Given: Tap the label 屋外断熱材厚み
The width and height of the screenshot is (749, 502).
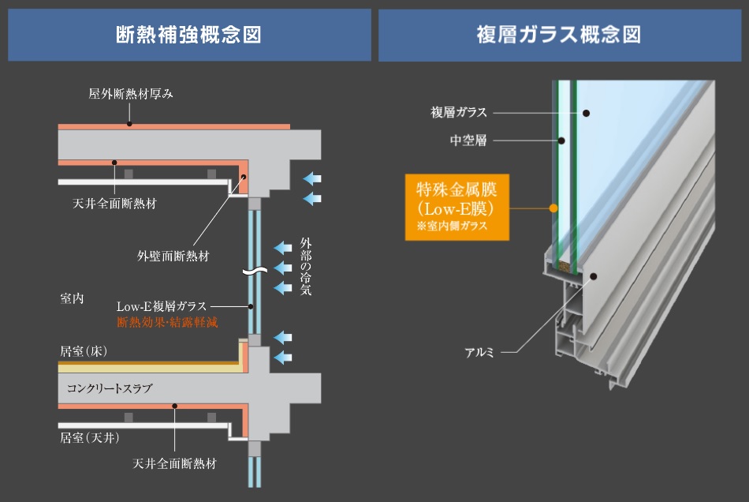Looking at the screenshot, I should [130, 93].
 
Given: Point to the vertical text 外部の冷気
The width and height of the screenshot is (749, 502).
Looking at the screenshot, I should [306, 266].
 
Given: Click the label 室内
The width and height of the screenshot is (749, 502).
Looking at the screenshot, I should [72, 299].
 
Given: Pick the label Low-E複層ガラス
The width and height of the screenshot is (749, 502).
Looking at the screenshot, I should [162, 306].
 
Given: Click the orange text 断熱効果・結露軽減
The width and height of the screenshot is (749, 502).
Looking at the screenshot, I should [167, 322].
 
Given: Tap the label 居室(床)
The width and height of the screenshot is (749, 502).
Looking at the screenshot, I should [84, 350].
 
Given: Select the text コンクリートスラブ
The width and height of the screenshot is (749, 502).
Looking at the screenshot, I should [109, 388].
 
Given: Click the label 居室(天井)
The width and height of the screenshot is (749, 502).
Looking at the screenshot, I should [89, 436].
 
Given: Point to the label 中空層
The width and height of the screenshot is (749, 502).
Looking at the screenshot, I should [468, 141].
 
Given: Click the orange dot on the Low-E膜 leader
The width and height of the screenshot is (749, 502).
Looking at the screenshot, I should [553, 208].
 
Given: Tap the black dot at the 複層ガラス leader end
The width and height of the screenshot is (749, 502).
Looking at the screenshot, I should [587, 113].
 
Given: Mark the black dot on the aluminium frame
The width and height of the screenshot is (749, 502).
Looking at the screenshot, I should [594, 277].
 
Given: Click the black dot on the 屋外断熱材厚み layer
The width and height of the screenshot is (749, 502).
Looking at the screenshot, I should [129, 125].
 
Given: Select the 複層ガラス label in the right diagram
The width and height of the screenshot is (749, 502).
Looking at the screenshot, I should [459, 113].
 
